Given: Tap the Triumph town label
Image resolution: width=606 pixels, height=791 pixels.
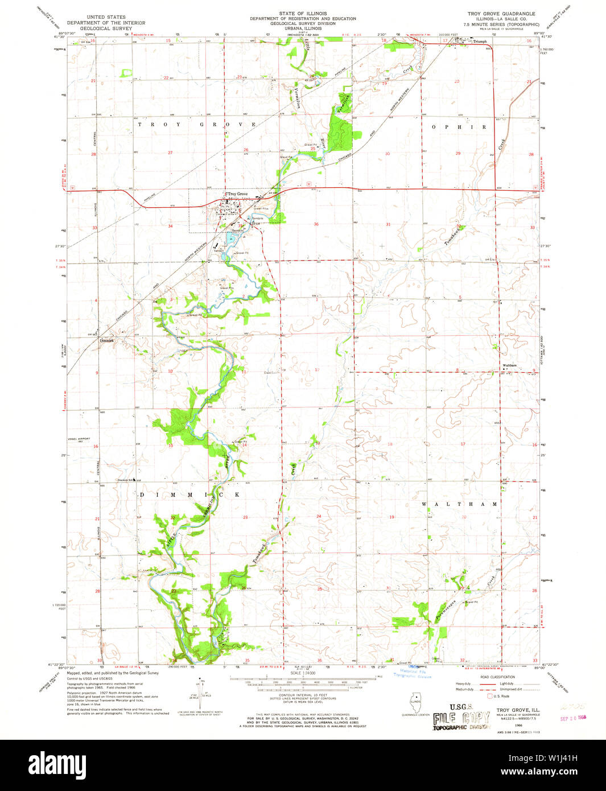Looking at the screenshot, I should point(477,42).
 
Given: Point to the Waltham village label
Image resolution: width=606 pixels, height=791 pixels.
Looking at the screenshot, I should point(509,365).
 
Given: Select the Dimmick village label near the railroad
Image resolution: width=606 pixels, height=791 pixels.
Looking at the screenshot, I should point(107,341).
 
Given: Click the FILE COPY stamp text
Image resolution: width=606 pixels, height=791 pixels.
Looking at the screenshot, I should point(461,718).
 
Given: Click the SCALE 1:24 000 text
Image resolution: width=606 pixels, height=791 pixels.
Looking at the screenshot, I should point(302,673).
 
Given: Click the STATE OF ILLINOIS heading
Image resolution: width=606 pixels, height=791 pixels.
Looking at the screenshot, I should point(302,13).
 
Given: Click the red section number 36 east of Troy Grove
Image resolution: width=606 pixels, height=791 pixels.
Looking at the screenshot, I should point(316,224).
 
